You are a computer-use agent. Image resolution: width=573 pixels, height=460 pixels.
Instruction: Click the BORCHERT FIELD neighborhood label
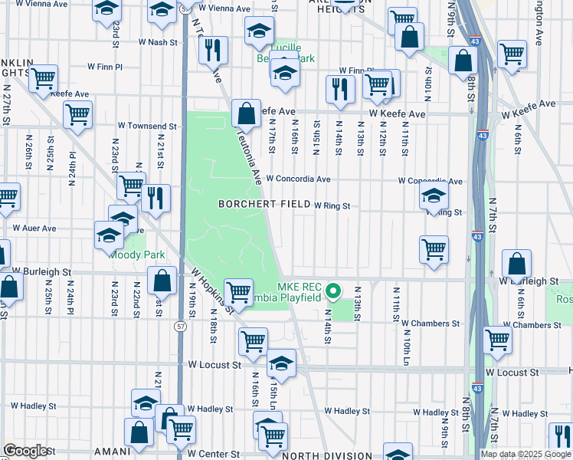pos(264,205)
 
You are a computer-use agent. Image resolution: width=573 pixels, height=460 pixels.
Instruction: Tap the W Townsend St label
pos(147,126)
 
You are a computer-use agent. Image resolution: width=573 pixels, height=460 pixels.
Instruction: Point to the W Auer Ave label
pos(34,228)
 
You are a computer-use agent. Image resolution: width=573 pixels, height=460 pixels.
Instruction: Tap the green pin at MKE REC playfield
pos(333,291)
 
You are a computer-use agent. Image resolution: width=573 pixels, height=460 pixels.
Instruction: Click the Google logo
pos(25,451)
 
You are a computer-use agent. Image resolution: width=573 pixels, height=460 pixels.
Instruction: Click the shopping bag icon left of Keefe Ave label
pos(246,115)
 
